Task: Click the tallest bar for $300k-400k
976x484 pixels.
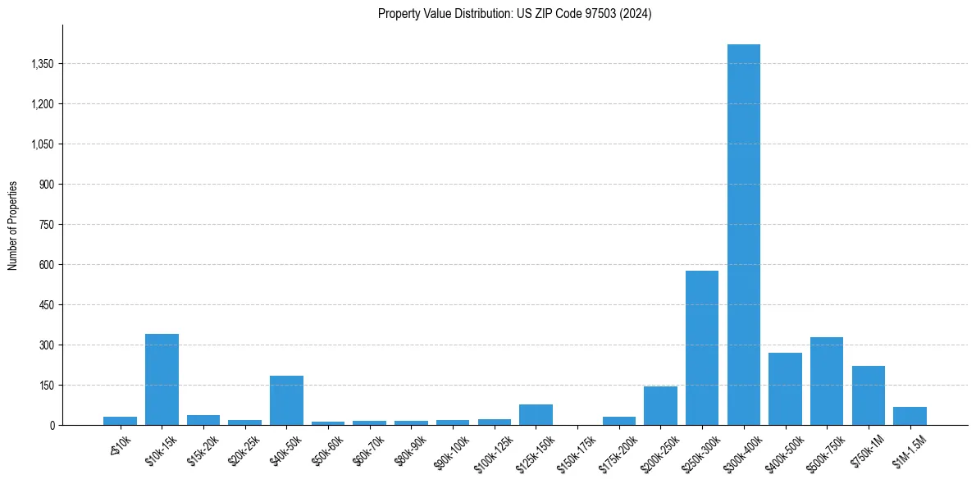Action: tap(744, 235)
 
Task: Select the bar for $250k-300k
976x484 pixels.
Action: tap(702, 348)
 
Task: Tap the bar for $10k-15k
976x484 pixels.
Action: tap(162, 379)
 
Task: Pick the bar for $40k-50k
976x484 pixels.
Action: tap(286, 400)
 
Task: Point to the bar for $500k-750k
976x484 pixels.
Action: tap(827, 381)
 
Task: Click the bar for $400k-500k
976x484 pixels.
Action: tap(785, 389)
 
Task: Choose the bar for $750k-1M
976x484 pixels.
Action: tap(869, 395)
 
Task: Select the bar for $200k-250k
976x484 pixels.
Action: tap(660, 405)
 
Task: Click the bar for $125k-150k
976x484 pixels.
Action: tap(536, 414)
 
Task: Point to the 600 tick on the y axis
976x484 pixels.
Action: tap(46, 265)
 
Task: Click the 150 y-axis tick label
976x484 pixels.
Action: tap(46, 386)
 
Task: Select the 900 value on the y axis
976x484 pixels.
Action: tap(46, 185)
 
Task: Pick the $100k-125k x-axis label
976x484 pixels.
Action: tap(495, 452)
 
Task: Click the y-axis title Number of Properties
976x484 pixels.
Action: tap(13, 225)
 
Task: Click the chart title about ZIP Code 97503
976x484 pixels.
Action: tap(514, 14)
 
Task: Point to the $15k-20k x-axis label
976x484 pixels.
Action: tap(204, 449)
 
